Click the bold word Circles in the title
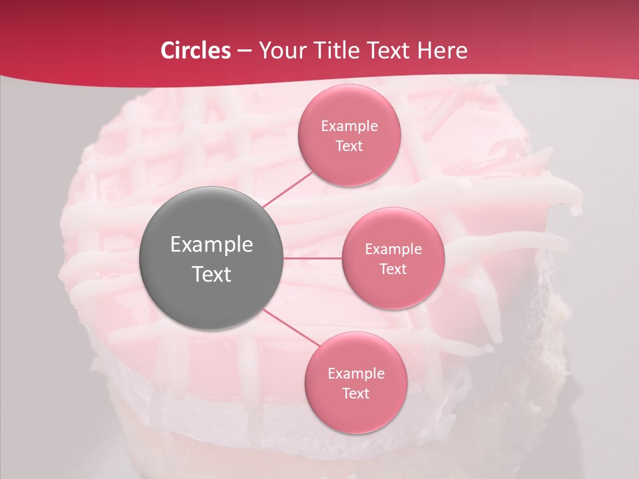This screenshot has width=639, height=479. [195, 51]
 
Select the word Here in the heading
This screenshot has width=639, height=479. [442, 51]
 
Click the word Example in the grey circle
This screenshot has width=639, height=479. [211, 245]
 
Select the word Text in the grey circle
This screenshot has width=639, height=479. [211, 274]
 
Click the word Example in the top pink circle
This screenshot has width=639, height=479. [349, 126]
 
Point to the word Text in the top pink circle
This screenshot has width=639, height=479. [349, 146]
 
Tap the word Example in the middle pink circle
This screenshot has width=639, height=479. [393, 249]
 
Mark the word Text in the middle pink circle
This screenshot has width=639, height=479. [393, 269]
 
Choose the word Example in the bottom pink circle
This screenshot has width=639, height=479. [355, 374]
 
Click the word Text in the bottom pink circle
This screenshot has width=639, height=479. [355, 393]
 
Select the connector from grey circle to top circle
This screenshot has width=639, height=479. [288, 189]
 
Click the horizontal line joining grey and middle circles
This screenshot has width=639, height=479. [313, 258]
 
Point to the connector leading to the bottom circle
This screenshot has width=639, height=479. [291, 329]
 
